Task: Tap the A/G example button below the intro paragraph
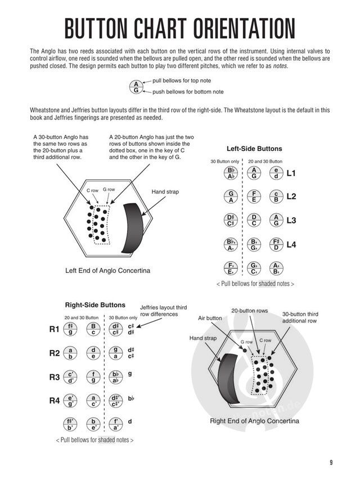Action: (x=136, y=86)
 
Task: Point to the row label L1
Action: (x=291, y=174)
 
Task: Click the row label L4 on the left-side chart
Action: (x=291, y=245)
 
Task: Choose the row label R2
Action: (x=54, y=353)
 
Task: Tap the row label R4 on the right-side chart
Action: (x=54, y=401)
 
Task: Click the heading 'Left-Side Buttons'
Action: (x=254, y=149)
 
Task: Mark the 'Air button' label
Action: (x=210, y=318)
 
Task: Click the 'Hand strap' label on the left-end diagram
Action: (x=165, y=192)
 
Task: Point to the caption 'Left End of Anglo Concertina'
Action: (x=107, y=271)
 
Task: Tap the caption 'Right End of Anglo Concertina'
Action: (x=254, y=421)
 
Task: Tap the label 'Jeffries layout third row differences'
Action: (x=159, y=310)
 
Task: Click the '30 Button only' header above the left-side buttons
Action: (x=222, y=162)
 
